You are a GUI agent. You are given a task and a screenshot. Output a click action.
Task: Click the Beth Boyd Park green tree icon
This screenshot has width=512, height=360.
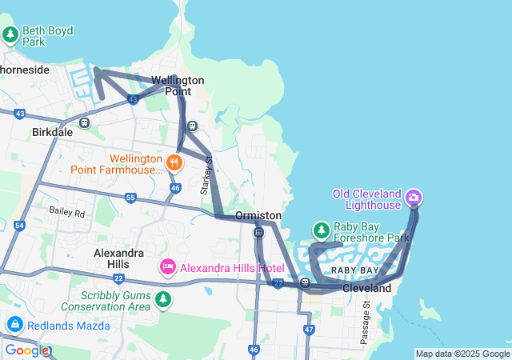10,35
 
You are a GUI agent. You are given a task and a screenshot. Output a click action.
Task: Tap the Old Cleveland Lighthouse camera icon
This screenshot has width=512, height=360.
414,197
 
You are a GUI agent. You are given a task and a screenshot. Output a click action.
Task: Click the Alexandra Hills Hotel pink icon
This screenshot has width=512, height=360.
168,266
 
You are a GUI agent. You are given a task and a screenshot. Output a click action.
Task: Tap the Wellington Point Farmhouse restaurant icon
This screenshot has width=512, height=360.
175,163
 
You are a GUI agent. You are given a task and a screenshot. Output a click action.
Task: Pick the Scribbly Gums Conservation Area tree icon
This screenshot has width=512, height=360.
163,299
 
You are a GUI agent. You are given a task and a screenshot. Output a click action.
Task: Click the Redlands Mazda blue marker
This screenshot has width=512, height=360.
14,324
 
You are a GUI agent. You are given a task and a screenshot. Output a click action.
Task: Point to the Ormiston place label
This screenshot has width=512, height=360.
258,216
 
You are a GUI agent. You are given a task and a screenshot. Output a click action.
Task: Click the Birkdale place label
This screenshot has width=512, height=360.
52,131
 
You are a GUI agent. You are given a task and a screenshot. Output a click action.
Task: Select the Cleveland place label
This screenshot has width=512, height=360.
367,288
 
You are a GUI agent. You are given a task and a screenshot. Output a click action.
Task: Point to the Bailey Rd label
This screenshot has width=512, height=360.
66,213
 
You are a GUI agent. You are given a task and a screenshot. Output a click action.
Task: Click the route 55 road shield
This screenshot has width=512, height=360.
130,197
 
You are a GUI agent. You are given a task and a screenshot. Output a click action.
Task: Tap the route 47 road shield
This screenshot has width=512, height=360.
310,330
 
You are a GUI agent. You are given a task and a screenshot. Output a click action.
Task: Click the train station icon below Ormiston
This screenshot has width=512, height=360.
258,233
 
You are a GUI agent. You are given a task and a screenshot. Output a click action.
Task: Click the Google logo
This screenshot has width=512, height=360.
27,350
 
